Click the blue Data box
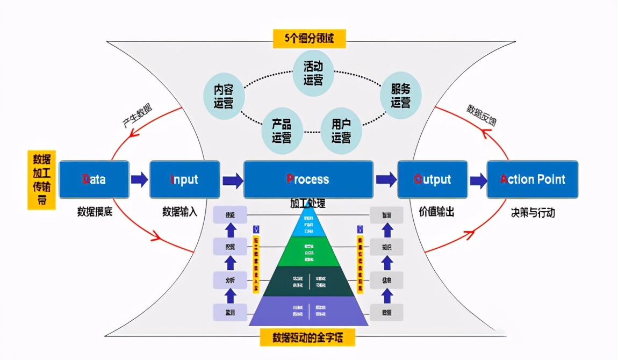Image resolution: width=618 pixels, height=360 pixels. [94, 179]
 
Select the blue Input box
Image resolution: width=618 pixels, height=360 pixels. [184, 179]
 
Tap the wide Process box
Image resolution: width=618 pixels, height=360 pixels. [308, 179]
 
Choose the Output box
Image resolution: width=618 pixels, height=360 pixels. [432, 179]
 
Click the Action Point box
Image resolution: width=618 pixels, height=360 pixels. [532, 179]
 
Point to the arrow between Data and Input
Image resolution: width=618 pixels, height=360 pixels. [139, 179]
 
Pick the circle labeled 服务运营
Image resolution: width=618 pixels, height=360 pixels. [400, 96]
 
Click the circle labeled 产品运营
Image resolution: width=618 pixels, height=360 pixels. [281, 131]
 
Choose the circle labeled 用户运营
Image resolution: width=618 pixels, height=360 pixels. [341, 131]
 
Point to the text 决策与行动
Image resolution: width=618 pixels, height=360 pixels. [533, 213]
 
